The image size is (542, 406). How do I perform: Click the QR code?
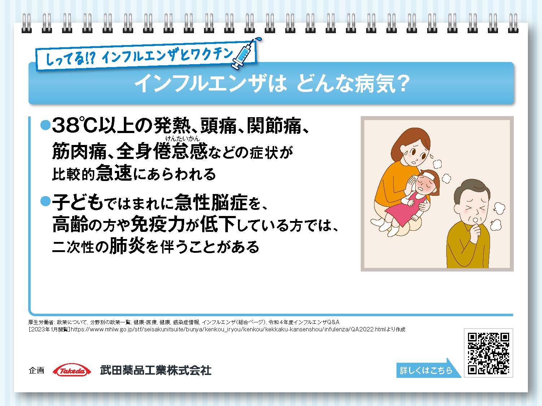pyautogui.click(x=488, y=353)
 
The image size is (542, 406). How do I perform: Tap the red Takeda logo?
pyautogui.click(x=71, y=371)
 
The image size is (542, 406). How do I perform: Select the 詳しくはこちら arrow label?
pyautogui.click(x=427, y=370)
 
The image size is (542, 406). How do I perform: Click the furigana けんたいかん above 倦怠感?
pyautogui.click(x=182, y=137)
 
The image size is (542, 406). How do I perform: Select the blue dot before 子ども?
pyautogui.click(x=45, y=201)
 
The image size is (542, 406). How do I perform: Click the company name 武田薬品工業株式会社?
pyautogui.click(x=156, y=371)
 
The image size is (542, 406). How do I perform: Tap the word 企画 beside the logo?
pyautogui.click(x=36, y=370)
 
